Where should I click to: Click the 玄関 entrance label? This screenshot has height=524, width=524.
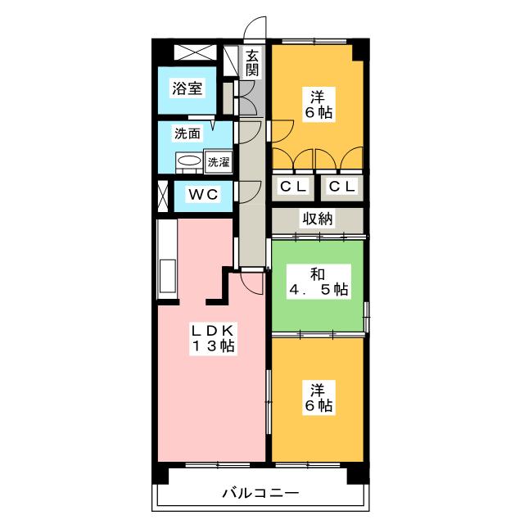[x=252, y=63]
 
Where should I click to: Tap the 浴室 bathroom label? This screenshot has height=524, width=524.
[x=187, y=88]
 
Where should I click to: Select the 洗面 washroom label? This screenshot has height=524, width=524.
[x=187, y=133]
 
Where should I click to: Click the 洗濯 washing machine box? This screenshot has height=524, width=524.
[x=219, y=162]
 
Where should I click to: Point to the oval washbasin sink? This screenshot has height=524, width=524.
[x=189, y=161]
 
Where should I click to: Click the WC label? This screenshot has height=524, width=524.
[x=203, y=194]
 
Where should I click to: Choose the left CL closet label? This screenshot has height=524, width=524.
[x=293, y=186]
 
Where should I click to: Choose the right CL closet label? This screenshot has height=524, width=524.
[x=342, y=186]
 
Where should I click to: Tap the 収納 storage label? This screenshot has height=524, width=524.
[x=318, y=219]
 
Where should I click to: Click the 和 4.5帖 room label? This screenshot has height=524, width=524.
[x=318, y=282]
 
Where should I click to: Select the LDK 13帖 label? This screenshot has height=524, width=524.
[x=213, y=338]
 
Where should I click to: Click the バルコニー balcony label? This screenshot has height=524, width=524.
[x=260, y=493]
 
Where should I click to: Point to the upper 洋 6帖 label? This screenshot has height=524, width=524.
[x=318, y=104]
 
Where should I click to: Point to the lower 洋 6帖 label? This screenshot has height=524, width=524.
[x=318, y=398]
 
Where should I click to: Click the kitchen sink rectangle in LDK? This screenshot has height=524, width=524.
[x=167, y=276]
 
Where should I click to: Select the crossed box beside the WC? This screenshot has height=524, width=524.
[x=162, y=196]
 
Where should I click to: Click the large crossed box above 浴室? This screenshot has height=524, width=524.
[x=196, y=52]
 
